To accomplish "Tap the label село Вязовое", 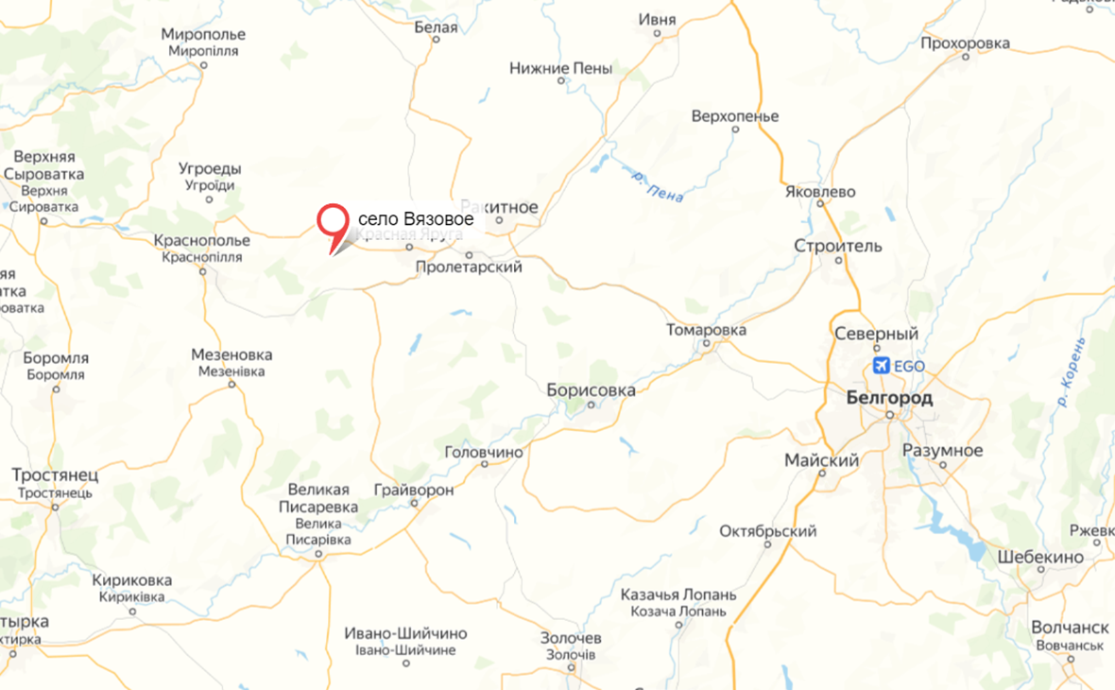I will [416, 219].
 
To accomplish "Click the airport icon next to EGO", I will [881, 366].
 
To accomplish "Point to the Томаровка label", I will [706, 330].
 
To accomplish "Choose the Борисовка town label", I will [592, 389].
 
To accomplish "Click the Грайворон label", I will [414, 491].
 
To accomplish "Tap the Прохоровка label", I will [965, 43].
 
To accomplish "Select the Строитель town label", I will [839, 247].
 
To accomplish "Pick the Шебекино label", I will [1040, 557].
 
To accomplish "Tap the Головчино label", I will [483, 453].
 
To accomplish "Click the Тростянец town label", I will [55, 474].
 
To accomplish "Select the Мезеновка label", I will [232, 355].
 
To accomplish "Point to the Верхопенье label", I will [735, 116].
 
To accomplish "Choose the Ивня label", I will [658, 20].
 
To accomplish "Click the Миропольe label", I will [204, 35].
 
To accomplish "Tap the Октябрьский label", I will [767, 531].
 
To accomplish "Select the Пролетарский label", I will [469, 267].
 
